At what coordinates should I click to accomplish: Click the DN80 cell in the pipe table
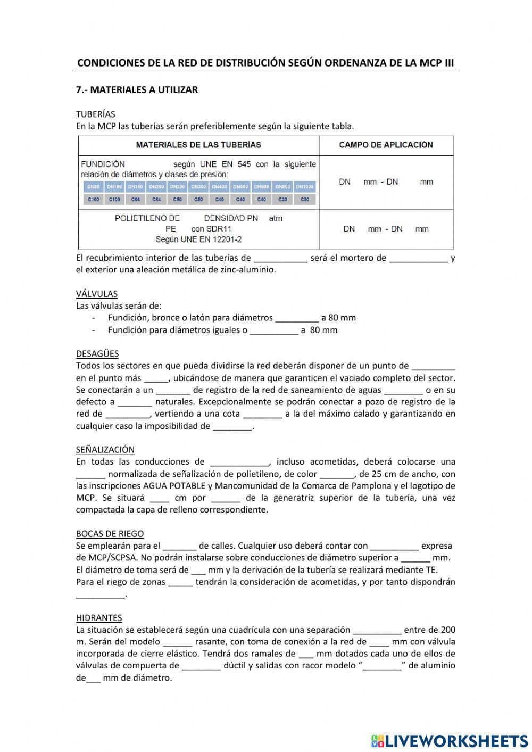(93, 187)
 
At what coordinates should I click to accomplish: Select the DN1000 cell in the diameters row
(305, 187)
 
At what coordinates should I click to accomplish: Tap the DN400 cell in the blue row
(219, 187)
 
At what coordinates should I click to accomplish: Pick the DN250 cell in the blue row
(177, 187)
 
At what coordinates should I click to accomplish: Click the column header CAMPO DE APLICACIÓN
(386, 145)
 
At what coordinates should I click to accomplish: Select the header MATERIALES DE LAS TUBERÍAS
(198, 145)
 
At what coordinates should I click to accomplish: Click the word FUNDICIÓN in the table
(103, 164)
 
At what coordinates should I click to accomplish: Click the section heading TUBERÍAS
(95, 114)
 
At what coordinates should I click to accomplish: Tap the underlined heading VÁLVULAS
(96, 294)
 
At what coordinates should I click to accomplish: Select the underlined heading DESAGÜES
(97, 353)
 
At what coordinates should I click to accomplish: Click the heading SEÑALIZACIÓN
(105, 450)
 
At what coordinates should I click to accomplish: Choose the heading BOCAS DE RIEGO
(110, 534)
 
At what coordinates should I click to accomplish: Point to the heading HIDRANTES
(98, 618)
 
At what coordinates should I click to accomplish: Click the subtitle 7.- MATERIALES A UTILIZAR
(137, 90)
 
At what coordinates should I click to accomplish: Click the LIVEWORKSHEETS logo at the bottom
(449, 740)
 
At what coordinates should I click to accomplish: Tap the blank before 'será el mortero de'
(280, 259)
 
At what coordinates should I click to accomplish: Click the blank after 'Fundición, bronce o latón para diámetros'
(297, 318)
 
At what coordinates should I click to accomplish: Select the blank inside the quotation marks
(381, 666)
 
